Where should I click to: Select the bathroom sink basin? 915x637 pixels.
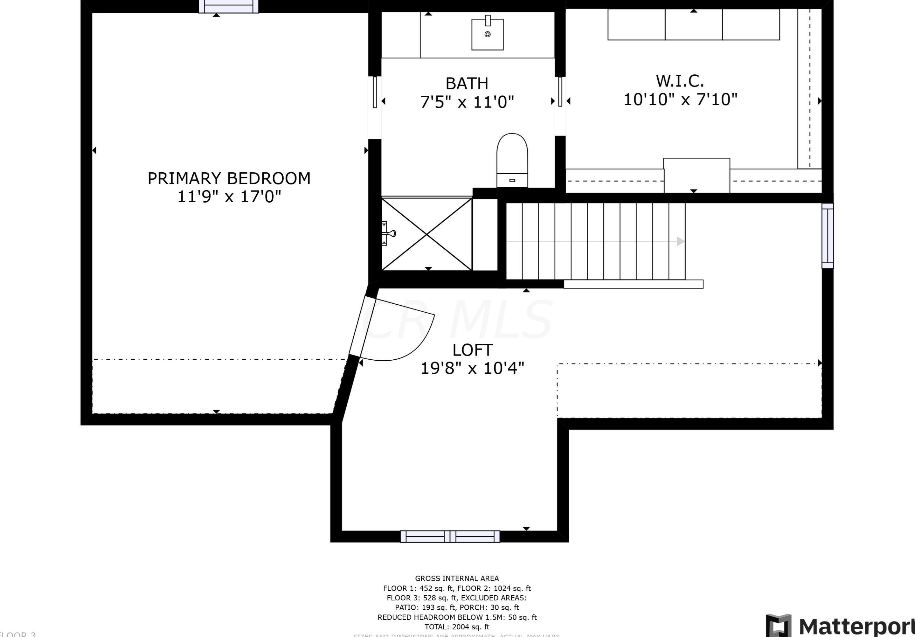point(487,35)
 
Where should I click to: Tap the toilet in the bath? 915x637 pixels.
point(512,159)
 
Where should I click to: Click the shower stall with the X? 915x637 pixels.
point(427,234)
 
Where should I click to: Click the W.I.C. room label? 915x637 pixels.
point(680,81)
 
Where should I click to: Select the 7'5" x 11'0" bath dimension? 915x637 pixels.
point(467,102)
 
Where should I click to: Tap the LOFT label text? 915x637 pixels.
point(472,350)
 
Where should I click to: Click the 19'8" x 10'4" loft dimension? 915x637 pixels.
point(472,368)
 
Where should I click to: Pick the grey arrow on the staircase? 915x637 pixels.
point(680,241)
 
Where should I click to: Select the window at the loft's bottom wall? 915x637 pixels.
point(450,536)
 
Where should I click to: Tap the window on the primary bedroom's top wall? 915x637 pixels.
point(229,6)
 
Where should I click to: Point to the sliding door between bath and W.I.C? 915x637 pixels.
point(560,92)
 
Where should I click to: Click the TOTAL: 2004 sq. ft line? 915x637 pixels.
point(457,627)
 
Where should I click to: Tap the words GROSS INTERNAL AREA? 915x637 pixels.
point(457,578)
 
